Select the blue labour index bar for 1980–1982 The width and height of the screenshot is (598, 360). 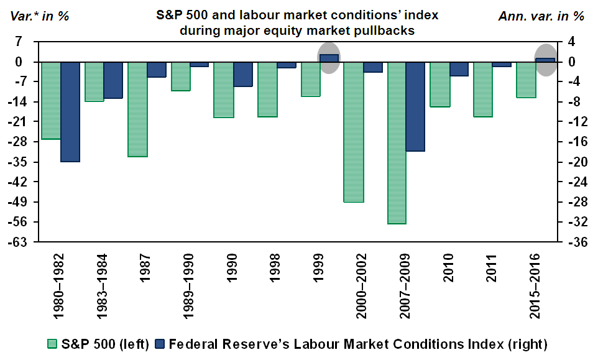(x=70, y=112)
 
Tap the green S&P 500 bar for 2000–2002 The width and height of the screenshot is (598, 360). (x=353, y=132)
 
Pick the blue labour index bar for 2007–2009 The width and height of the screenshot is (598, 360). (x=415, y=106)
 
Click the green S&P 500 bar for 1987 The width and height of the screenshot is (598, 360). (x=137, y=109)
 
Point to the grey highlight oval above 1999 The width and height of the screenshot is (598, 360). (x=329, y=58)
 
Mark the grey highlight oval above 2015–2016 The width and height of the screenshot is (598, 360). (x=546, y=60)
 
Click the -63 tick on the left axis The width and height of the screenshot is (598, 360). (x=24, y=242)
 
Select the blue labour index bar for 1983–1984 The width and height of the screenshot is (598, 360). (x=113, y=80)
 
